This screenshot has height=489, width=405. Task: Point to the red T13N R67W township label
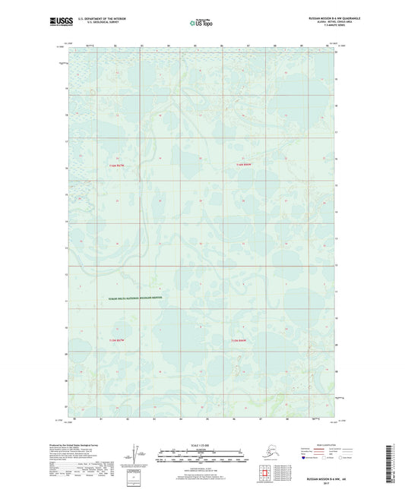click(115, 339)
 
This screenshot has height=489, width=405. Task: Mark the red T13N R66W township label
click(239, 339)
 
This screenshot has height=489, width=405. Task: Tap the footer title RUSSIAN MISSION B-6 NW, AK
click(313, 478)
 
